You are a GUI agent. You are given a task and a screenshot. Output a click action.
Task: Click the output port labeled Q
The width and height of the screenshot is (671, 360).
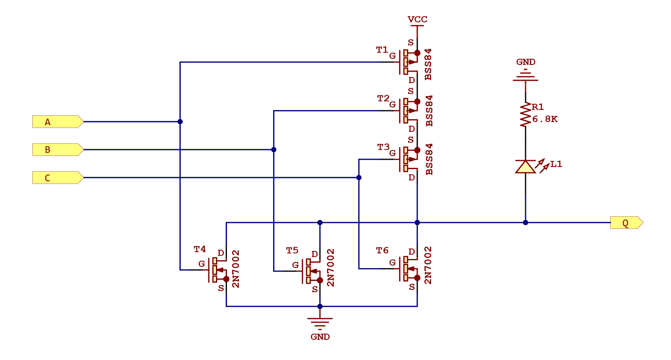click(626, 223)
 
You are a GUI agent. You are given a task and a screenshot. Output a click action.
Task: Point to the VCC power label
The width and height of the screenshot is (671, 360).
click(417, 19)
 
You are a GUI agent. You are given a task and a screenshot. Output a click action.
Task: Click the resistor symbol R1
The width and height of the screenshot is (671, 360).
click(526, 115)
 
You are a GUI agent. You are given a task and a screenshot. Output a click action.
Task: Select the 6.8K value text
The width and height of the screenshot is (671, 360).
click(545, 119)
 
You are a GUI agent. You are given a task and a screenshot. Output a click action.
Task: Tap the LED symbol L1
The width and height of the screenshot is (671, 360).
click(526, 167)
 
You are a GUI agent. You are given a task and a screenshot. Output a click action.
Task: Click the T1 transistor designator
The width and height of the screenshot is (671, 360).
click(382, 50)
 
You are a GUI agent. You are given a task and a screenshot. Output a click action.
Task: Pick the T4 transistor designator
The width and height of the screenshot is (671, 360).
click(199, 249)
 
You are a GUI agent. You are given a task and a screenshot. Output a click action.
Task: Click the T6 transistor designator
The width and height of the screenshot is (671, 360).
click(382, 251)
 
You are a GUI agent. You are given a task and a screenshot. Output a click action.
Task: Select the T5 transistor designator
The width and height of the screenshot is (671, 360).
click(292, 251)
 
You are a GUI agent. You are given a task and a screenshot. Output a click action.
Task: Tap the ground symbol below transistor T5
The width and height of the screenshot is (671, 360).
click(320, 323)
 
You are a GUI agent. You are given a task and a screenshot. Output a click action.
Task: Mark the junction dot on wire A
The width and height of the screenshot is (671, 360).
click(180, 122)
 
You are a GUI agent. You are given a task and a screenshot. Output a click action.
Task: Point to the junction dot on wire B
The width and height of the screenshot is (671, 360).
click(274, 150)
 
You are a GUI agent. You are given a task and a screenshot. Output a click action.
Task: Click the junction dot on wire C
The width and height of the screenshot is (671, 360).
click(359, 178)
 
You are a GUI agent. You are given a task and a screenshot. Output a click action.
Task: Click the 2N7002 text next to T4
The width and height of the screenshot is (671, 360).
click(236, 269)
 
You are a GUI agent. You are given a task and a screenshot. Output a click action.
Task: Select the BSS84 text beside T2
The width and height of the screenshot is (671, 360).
click(429, 111)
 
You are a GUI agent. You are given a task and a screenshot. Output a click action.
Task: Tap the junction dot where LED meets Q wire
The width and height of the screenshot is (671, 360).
click(526, 223)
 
